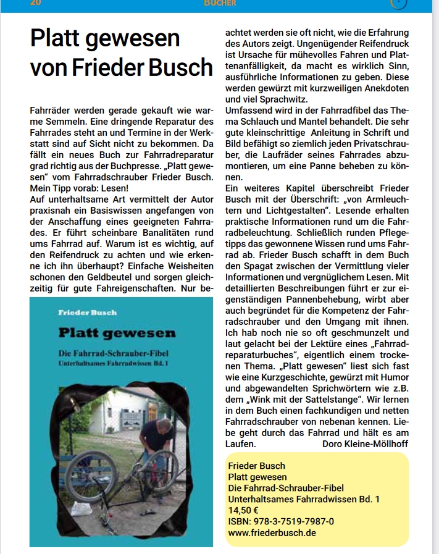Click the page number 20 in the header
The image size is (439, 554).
[36, 2]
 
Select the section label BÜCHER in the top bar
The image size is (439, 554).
[220, 3]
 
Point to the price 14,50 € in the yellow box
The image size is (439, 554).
[243, 510]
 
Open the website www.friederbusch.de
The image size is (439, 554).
[272, 532]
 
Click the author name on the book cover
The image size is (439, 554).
[87, 313]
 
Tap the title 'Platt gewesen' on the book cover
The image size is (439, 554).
[117, 334]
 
